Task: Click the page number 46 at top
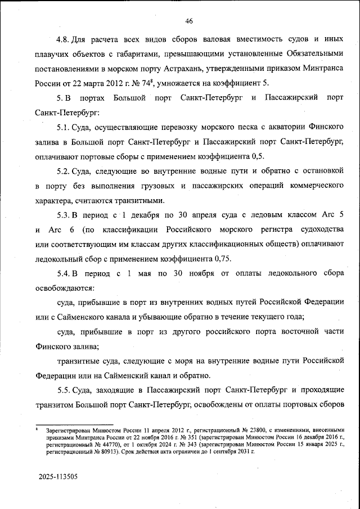click(189, 21)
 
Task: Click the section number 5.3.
click(64, 215)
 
